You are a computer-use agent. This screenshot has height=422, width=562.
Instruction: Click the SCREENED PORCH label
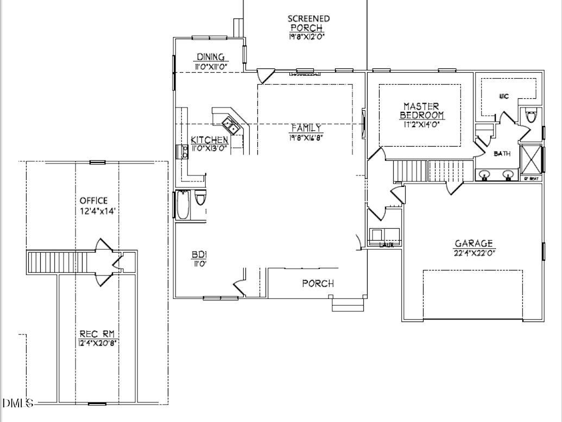point(308,23)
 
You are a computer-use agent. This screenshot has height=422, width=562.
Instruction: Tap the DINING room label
point(211,57)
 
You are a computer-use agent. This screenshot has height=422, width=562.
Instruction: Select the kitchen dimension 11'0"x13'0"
point(209,148)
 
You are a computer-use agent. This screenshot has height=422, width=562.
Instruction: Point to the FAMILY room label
point(306,128)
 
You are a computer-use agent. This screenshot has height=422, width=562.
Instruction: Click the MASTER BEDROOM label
point(421,110)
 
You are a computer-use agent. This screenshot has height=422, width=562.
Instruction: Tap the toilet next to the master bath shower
point(531,116)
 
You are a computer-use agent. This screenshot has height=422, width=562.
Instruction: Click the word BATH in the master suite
point(502,154)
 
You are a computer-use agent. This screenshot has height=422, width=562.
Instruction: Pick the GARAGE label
point(474,243)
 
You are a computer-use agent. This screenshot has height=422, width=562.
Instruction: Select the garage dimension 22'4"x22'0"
point(474,252)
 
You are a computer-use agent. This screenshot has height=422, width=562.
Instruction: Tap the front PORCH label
point(318,283)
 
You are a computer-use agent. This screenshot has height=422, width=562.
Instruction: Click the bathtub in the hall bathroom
point(182,205)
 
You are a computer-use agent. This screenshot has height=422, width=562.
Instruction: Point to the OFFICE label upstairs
point(93,200)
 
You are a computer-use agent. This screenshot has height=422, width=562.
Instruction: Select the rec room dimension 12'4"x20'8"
point(97,342)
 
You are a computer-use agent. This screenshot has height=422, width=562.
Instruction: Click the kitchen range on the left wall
point(181,152)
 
